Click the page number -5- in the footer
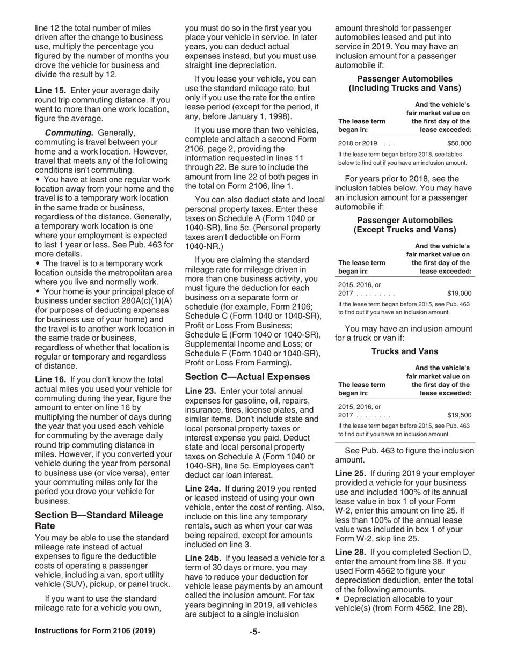[254, 632]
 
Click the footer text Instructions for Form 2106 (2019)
[95, 632]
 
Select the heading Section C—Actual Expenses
[247, 377]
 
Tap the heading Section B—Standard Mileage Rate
[99, 520]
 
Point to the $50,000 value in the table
[459, 143]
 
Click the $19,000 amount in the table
[459, 294]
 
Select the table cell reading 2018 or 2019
[358, 143]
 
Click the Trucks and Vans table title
[405, 351]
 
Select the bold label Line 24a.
[202, 488]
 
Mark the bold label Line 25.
[350, 473]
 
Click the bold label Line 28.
[350, 552]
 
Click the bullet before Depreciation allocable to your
[338, 599]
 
